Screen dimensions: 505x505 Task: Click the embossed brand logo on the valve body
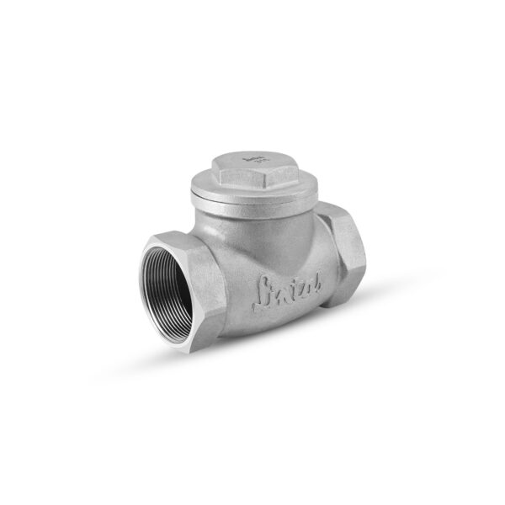click(x=285, y=291)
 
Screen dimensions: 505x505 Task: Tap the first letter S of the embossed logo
click(x=263, y=291)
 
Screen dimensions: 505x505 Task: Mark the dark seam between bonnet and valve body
click(x=252, y=207)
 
